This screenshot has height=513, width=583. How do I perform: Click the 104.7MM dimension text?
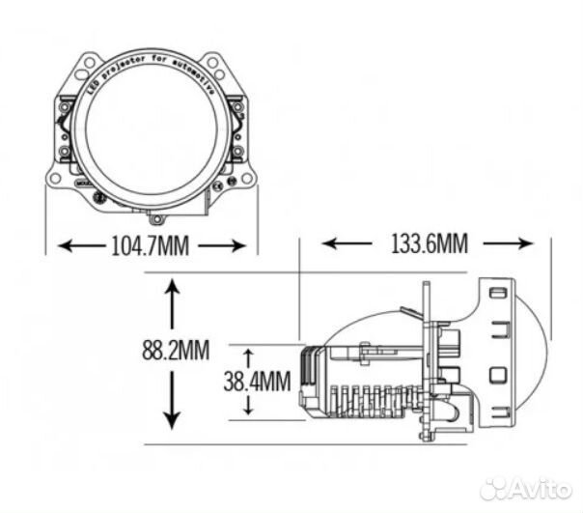[150, 246]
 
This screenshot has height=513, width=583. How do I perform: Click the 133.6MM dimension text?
[429, 243]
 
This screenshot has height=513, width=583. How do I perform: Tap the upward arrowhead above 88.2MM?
[172, 287]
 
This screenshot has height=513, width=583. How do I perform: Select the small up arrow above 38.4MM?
[248, 354]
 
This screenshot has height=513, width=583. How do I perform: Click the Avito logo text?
[537, 488]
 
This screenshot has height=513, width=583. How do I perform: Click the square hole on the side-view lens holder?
[496, 374]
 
